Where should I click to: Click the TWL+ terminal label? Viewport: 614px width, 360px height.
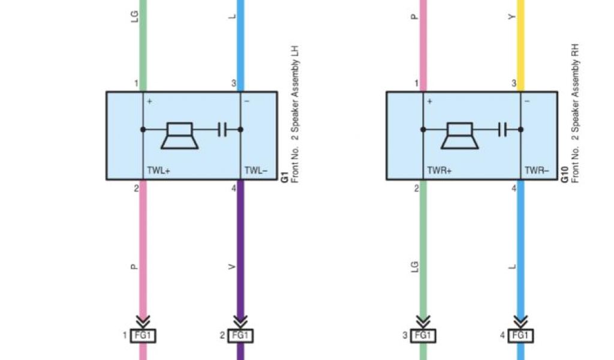point(159,170)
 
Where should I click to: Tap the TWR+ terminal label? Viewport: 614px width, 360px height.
point(439,170)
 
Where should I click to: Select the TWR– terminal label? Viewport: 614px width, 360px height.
point(537,170)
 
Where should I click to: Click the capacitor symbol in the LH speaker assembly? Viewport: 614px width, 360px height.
point(222,128)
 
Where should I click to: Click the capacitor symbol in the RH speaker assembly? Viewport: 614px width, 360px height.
point(502,128)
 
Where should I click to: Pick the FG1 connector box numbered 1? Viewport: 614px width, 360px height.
point(143,335)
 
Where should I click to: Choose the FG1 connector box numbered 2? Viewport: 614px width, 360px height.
point(240,335)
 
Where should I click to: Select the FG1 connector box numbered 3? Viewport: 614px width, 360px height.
point(423,335)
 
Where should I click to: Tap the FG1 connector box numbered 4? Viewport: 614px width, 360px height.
point(520,335)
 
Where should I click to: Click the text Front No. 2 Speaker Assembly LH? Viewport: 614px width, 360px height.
point(294,114)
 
